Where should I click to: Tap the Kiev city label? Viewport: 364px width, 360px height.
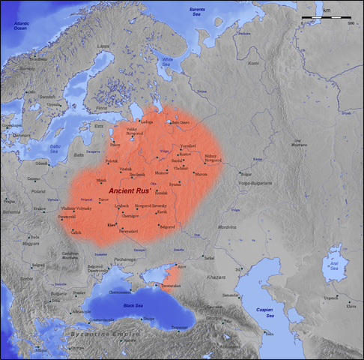tap(112, 224)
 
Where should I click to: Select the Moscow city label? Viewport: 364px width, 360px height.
tap(161, 173)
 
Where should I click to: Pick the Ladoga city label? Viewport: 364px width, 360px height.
tap(147, 121)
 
